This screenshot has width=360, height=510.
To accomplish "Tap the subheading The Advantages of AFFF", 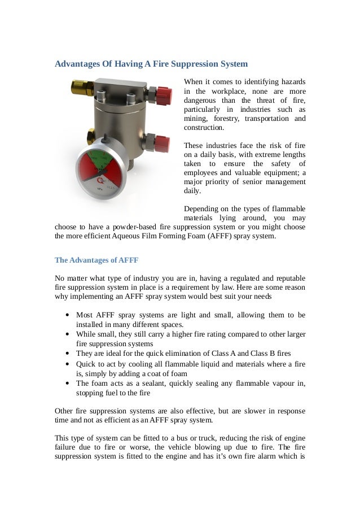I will (x=96, y=260).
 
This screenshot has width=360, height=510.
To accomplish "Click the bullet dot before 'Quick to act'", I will (x=68, y=364).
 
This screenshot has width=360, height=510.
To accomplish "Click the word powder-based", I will (x=131, y=228).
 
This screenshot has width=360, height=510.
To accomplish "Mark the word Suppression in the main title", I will (x=195, y=64).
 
